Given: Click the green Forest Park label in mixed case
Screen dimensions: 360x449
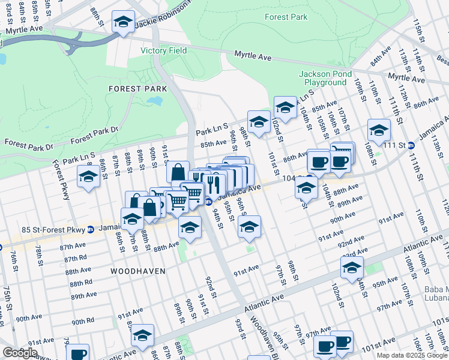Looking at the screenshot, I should (286, 17).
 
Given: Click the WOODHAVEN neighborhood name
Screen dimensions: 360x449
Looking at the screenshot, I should (137, 271).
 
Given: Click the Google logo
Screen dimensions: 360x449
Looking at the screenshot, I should (20, 352).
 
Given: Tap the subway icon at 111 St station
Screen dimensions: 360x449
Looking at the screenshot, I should (411, 145).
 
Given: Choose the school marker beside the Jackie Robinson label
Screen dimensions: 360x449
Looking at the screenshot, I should (123, 23).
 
